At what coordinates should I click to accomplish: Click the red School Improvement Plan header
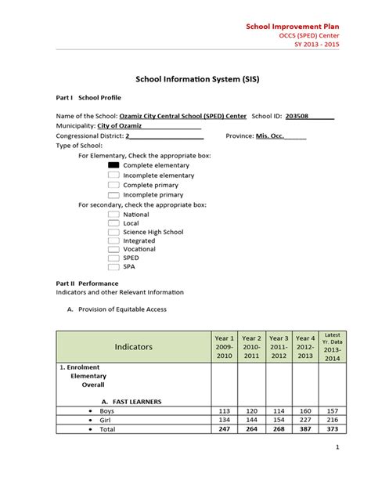click(x=290, y=26)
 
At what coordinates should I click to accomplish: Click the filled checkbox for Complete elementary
click(x=113, y=166)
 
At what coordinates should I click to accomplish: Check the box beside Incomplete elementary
click(x=113, y=175)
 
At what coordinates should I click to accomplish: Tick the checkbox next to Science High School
click(x=113, y=233)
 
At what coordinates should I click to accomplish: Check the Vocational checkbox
click(x=113, y=248)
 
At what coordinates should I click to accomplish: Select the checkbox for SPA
click(x=113, y=266)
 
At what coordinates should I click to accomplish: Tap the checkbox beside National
click(x=113, y=214)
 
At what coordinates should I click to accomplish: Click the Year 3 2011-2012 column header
click(x=279, y=346)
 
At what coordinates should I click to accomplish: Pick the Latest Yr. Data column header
click(x=332, y=346)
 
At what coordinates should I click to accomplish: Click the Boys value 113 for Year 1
click(x=224, y=411)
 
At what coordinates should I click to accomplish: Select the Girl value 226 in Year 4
click(x=304, y=421)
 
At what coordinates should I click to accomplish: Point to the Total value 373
click(x=332, y=430)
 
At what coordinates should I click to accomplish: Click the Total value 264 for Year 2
click(x=251, y=430)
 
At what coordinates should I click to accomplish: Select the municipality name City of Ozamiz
click(x=122, y=125)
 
